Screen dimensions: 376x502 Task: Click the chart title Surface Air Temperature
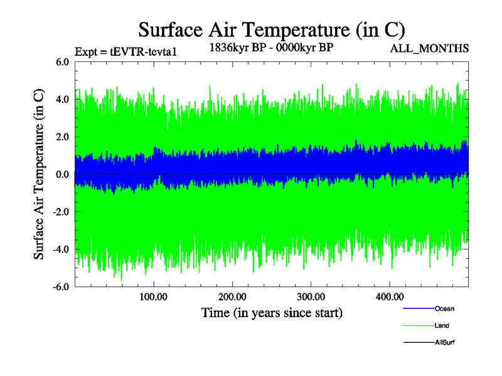coord(271,29)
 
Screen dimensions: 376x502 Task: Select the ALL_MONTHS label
coord(429,48)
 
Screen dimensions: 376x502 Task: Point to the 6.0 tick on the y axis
coord(62,62)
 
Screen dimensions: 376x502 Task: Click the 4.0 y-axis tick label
coord(62,100)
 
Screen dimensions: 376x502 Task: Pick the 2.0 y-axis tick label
coord(62,137)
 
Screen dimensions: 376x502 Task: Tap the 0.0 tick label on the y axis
coord(62,174)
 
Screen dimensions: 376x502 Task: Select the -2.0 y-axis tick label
coord(61,212)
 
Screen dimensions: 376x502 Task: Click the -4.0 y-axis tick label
coord(61,249)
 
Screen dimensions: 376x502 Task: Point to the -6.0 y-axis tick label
coord(61,287)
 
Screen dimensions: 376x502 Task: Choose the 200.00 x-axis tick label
coord(232,297)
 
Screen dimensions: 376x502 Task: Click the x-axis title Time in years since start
coord(272,312)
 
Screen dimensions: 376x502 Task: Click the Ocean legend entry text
coord(444,309)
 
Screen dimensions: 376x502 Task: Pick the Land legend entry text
coord(442,326)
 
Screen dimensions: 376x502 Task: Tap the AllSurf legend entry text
coord(445,342)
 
